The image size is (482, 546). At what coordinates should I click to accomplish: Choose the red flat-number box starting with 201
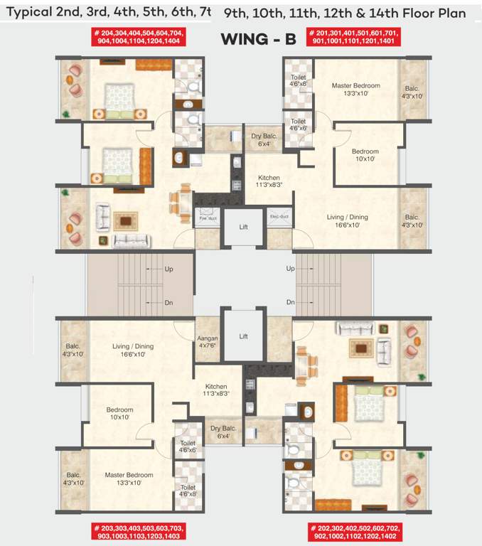click(x=353, y=37)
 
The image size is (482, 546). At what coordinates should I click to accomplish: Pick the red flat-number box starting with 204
click(x=139, y=37)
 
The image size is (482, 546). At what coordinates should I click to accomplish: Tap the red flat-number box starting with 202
click(x=353, y=532)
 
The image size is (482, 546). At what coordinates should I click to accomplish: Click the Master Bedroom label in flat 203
click(x=129, y=478)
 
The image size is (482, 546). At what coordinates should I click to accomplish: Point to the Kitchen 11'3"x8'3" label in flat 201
click(x=269, y=181)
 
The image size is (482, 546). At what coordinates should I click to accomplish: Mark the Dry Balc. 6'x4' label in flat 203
click(x=220, y=432)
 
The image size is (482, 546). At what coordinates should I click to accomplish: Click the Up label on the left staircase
click(x=168, y=269)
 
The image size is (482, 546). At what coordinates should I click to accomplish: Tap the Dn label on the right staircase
click(x=290, y=302)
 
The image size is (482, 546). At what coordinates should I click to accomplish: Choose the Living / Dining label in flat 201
click(x=348, y=220)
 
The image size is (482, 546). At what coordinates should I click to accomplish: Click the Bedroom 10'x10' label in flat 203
click(x=120, y=414)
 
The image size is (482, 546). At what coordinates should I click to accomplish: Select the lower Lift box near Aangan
click(x=243, y=336)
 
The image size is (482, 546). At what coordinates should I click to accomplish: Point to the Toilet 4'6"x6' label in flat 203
click(x=188, y=446)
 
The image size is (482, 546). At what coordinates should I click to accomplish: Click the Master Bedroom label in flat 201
click(x=355, y=89)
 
